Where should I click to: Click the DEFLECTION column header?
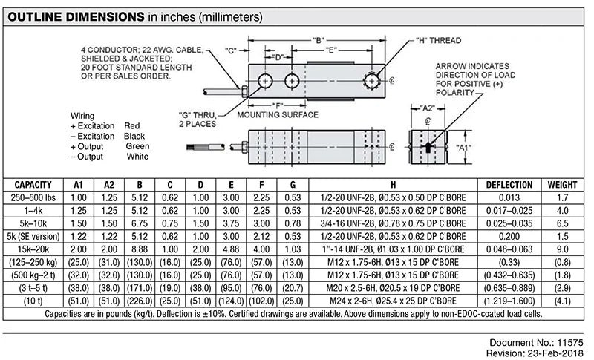pyautogui.click(x=509, y=184)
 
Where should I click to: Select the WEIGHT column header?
pyautogui.click(x=561, y=184)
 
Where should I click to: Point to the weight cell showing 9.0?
pyautogui.click(x=561, y=247)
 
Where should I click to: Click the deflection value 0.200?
pyautogui.click(x=509, y=235)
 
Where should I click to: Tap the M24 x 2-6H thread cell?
pyautogui.click(x=392, y=301)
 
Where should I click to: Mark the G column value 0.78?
pyautogui.click(x=293, y=222)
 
